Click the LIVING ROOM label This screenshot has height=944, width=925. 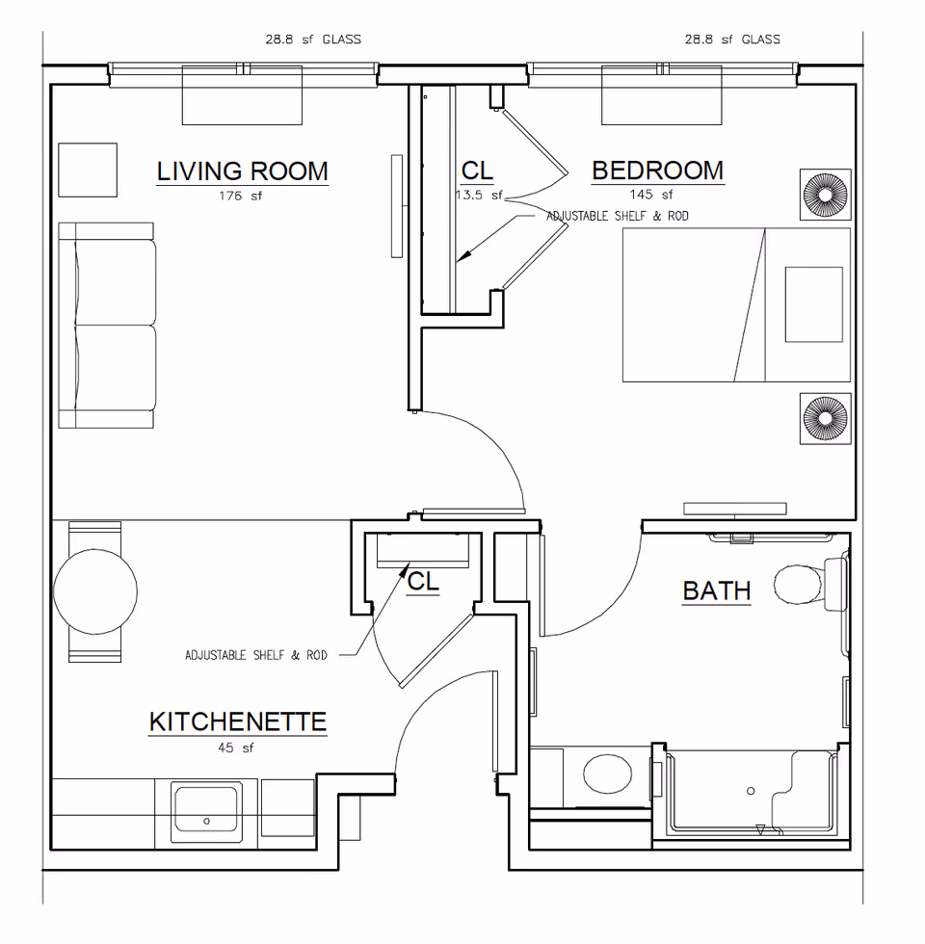(242, 171)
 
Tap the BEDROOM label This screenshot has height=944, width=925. (657, 170)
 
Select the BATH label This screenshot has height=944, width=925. (716, 590)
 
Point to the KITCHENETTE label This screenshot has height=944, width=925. (237, 721)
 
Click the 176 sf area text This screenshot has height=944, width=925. (241, 196)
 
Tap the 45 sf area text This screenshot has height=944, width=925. (236, 747)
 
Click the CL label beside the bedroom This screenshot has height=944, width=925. (477, 170)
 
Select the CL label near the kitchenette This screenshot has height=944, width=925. (423, 581)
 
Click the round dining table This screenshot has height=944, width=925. (94, 590)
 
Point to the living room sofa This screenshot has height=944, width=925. (107, 326)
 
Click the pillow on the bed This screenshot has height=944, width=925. (813, 304)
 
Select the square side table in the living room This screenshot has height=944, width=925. (88, 170)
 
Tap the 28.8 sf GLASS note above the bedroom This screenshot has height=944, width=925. (732, 39)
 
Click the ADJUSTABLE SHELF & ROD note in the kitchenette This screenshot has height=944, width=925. (255, 655)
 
